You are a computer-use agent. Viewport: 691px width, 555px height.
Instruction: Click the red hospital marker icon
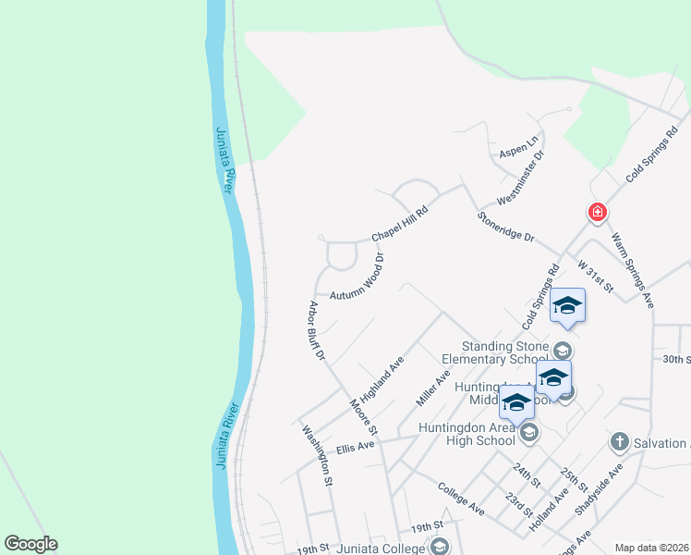point(598,213)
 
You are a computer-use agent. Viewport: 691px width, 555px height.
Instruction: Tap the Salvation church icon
point(619,442)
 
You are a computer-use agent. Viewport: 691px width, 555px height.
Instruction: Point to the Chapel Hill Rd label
point(400,224)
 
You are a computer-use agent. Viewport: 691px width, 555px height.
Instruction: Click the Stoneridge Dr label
point(506,226)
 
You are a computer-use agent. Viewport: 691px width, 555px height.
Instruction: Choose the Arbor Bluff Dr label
point(316,330)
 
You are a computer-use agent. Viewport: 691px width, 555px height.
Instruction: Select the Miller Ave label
point(432,388)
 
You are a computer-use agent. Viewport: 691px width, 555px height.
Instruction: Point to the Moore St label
point(364,417)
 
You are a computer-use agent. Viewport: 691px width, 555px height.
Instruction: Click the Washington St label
point(317,454)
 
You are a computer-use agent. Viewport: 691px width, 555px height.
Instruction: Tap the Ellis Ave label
point(356,447)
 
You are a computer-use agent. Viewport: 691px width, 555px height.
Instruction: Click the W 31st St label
point(595,277)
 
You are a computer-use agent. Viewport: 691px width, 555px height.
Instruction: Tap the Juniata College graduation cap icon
point(439,547)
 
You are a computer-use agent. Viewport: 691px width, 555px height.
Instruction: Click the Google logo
point(31,544)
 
